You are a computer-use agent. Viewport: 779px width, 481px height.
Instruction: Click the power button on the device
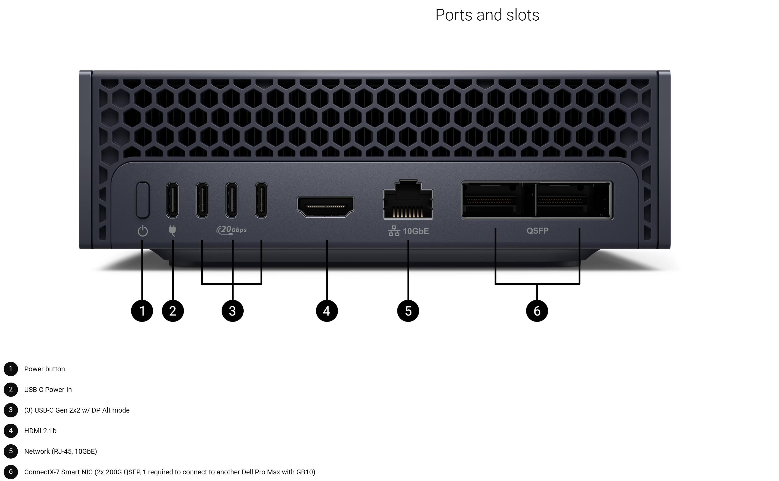click(x=143, y=200)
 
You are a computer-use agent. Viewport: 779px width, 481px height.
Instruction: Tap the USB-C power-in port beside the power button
click(x=173, y=200)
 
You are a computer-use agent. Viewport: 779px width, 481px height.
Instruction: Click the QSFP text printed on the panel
click(x=537, y=231)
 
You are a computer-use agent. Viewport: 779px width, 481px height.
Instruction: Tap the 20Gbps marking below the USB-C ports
click(x=232, y=230)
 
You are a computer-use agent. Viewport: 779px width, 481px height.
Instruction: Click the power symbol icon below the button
click(x=143, y=231)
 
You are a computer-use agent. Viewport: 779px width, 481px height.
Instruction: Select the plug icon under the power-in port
click(x=172, y=230)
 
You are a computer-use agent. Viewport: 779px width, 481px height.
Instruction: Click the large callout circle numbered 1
click(x=142, y=311)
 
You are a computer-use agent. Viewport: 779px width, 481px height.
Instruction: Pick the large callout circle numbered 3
click(x=232, y=311)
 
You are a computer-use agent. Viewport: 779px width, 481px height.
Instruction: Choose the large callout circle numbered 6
click(x=537, y=311)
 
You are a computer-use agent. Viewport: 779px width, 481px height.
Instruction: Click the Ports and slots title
click(x=487, y=15)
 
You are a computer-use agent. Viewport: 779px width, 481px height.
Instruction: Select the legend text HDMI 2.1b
click(x=40, y=431)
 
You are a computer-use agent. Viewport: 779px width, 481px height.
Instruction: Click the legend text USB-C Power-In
click(x=48, y=390)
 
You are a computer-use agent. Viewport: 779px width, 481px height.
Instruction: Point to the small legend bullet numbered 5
click(x=11, y=451)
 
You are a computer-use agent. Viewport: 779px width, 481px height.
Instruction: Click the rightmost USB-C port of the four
click(x=261, y=200)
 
